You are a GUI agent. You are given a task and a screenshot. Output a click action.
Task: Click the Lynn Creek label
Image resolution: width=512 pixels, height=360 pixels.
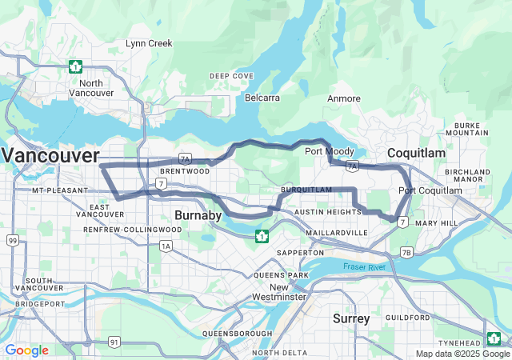pyautogui.click(x=149, y=43)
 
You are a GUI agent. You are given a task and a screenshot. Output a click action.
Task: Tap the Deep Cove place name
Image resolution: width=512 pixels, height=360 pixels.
pyautogui.click(x=232, y=76)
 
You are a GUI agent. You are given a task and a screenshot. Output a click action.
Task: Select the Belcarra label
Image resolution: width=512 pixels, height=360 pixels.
pyautogui.click(x=262, y=98)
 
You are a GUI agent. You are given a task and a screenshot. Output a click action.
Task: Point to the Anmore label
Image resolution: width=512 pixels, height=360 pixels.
pyautogui.click(x=344, y=98)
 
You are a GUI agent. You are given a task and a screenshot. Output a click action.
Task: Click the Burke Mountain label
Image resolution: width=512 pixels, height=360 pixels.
pyautogui.click(x=467, y=130)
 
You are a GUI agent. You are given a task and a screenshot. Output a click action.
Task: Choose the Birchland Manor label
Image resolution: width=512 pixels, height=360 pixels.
pyautogui.click(x=468, y=176)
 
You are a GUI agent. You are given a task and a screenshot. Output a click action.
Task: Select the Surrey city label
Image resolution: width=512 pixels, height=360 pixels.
pyautogui.click(x=351, y=318)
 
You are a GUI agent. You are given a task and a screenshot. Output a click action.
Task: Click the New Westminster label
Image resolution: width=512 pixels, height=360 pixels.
pyautogui.click(x=277, y=292)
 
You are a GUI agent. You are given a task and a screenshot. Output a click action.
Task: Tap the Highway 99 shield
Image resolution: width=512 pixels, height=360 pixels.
pyautogui.click(x=12, y=240)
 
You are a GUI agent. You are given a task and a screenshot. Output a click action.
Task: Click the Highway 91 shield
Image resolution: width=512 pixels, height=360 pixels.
pyautogui.click(x=114, y=342)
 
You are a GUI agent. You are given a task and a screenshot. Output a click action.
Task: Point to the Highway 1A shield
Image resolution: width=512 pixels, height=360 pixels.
pyautogui.click(x=166, y=246)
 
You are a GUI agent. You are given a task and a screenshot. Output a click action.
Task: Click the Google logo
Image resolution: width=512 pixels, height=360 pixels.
pyautogui.click(x=26, y=350)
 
